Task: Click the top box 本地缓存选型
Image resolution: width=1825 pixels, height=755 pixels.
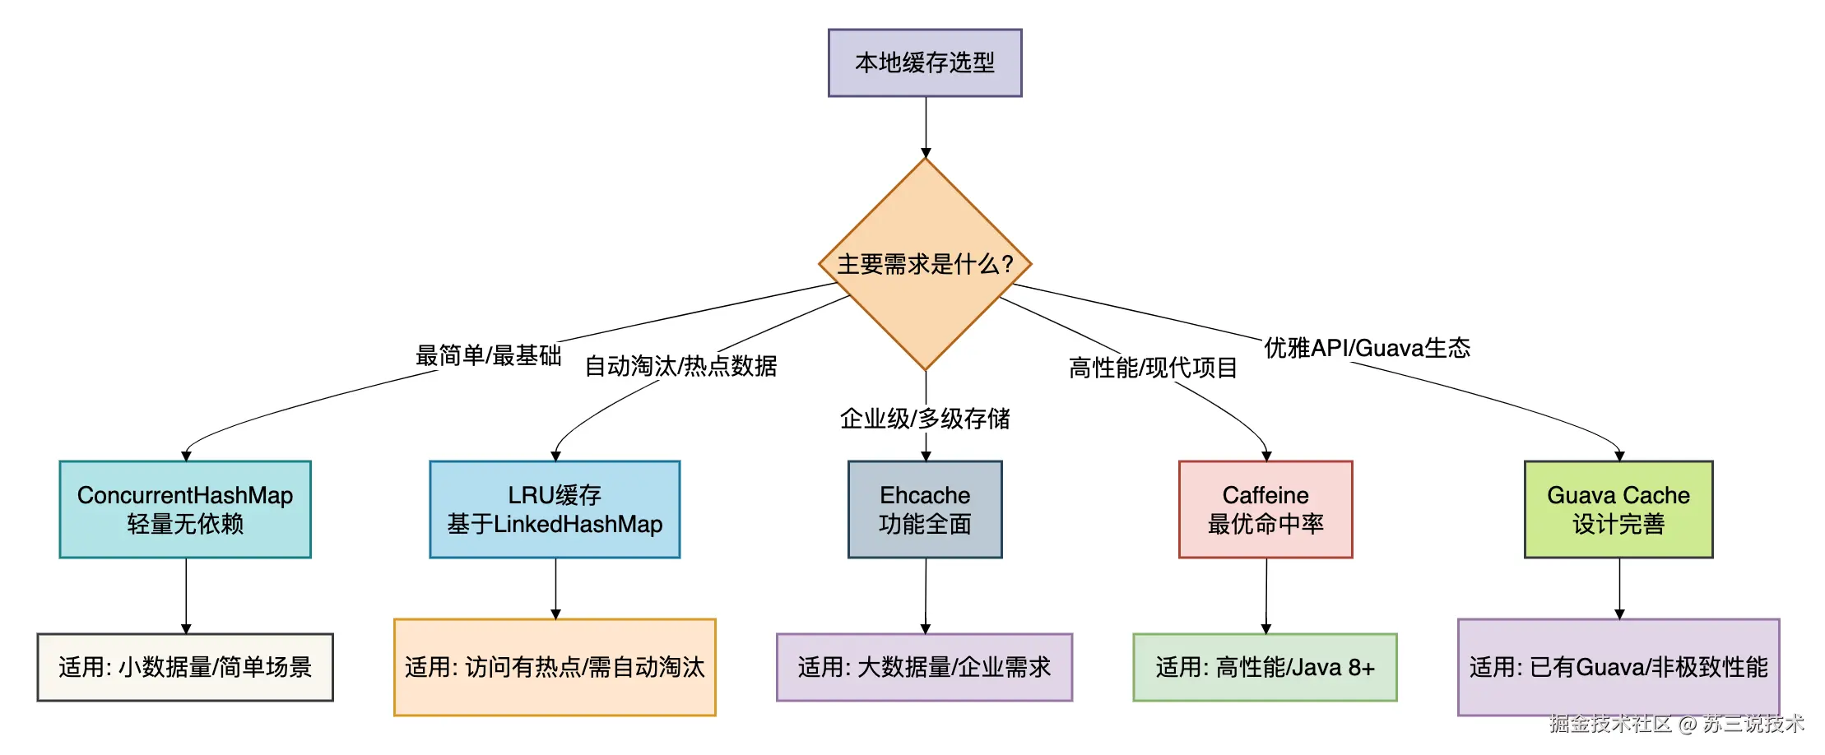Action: pos(925,63)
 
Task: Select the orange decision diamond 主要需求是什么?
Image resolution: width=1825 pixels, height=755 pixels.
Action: pos(925,264)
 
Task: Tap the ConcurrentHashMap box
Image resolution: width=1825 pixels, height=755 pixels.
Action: pos(185,509)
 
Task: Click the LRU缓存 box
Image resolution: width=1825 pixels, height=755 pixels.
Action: pos(555,509)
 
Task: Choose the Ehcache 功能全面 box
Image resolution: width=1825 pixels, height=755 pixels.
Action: pos(925,509)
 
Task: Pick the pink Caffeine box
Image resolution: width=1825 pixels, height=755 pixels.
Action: pos(1265,509)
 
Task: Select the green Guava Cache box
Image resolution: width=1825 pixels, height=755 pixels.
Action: pos(1618,509)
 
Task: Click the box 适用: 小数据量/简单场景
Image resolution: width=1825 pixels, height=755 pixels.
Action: pos(185,667)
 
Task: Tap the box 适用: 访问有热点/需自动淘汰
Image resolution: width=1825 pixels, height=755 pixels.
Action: pos(555,667)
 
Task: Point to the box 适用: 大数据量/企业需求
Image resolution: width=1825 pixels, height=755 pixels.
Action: pos(924,667)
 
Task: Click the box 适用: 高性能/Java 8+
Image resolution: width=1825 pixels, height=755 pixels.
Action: pos(1265,667)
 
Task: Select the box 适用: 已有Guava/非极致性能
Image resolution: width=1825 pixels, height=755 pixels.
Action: pos(1618,667)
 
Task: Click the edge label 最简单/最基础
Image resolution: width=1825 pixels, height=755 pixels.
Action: pos(489,355)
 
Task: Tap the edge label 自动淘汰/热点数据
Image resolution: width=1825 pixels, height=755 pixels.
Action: pos(680,366)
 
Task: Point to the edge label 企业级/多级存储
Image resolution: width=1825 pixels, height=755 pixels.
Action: pos(925,419)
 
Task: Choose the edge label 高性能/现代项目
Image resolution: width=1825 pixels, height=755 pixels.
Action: pos(1153,368)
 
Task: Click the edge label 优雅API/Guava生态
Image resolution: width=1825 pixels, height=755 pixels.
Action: pos(1367,348)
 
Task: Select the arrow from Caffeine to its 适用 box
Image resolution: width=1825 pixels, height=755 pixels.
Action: pos(1266,596)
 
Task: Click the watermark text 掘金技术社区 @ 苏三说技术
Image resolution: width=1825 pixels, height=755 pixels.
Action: pos(1676,724)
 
